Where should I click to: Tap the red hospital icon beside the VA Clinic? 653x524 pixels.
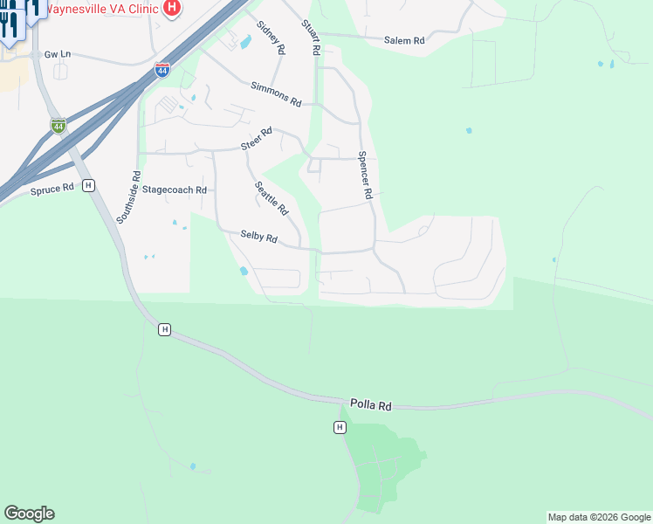pyautogui.click(x=172, y=8)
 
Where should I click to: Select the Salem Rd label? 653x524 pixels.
pyautogui.click(x=404, y=40)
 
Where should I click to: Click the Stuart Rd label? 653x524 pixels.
pyautogui.click(x=310, y=39)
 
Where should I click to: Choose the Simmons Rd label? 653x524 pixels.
pyautogui.click(x=275, y=94)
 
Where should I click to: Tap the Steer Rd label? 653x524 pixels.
pyautogui.click(x=257, y=138)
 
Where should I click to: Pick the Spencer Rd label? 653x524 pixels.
pyautogui.click(x=366, y=176)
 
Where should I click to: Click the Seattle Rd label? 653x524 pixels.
pyautogui.click(x=271, y=198)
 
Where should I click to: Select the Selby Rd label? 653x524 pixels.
pyautogui.click(x=259, y=238)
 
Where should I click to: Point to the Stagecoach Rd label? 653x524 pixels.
pyautogui.click(x=175, y=190)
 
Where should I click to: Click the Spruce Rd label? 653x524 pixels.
pyautogui.click(x=52, y=189)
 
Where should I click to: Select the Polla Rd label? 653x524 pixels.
pyautogui.click(x=371, y=405)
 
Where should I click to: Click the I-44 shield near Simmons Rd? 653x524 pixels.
pyautogui.click(x=162, y=70)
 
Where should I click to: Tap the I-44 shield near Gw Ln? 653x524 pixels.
pyautogui.click(x=58, y=126)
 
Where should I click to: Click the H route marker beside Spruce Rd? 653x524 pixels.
pyautogui.click(x=88, y=185)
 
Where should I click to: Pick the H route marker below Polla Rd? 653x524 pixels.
pyautogui.click(x=340, y=427)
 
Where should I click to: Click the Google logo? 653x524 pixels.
pyautogui.click(x=29, y=514)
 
